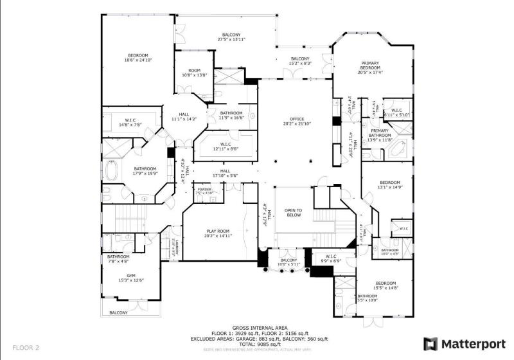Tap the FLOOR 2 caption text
point(26,348)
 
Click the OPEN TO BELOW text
point(294,213)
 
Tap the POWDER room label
point(205,191)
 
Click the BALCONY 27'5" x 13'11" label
point(231,37)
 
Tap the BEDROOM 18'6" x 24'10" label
point(138,58)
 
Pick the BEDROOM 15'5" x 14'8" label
point(385,286)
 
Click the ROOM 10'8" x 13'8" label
point(194,73)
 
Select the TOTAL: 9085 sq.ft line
point(260,344)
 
